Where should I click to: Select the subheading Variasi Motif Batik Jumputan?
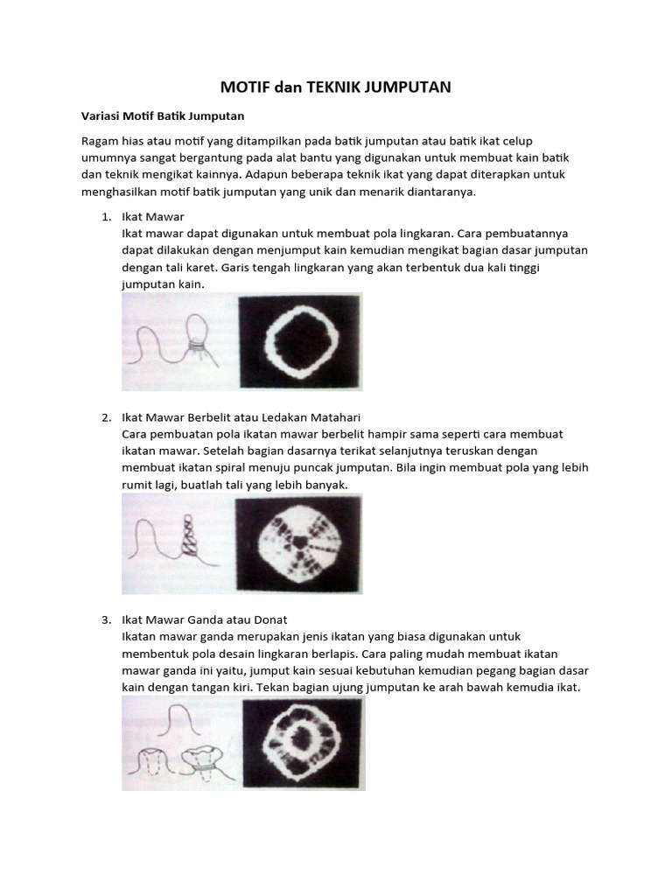[x=162, y=115]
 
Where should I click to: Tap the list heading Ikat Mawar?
[x=153, y=216]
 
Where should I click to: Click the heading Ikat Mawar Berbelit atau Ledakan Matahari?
[x=241, y=416]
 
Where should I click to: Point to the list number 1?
[x=105, y=216]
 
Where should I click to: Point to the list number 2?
[x=105, y=416]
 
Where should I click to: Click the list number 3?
[x=105, y=619]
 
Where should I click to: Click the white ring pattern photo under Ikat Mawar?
[x=300, y=340]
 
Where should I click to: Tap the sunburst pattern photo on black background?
[x=297, y=542]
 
